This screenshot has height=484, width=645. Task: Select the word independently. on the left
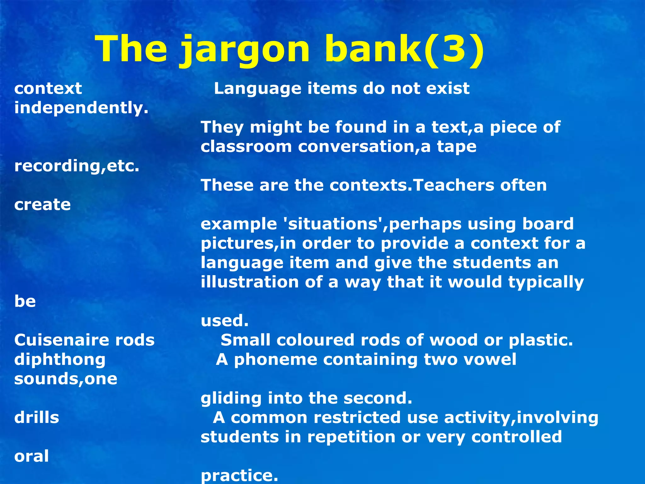click(x=81, y=108)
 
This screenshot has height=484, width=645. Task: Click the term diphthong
click(x=60, y=360)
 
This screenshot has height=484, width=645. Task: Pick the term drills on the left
click(x=37, y=418)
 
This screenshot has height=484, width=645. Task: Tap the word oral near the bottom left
click(x=31, y=456)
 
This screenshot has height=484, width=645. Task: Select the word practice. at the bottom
click(x=239, y=475)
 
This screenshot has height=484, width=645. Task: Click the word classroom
click(x=246, y=147)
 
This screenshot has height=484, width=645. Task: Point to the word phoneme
click(x=276, y=360)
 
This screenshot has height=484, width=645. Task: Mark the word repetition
click(x=351, y=437)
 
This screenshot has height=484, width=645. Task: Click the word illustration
click(x=250, y=282)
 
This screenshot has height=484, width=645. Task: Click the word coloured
click(x=315, y=340)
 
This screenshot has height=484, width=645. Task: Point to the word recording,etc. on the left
click(x=77, y=166)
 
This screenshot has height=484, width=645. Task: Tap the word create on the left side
click(x=43, y=205)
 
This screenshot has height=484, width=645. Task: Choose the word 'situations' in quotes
click(x=333, y=224)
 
